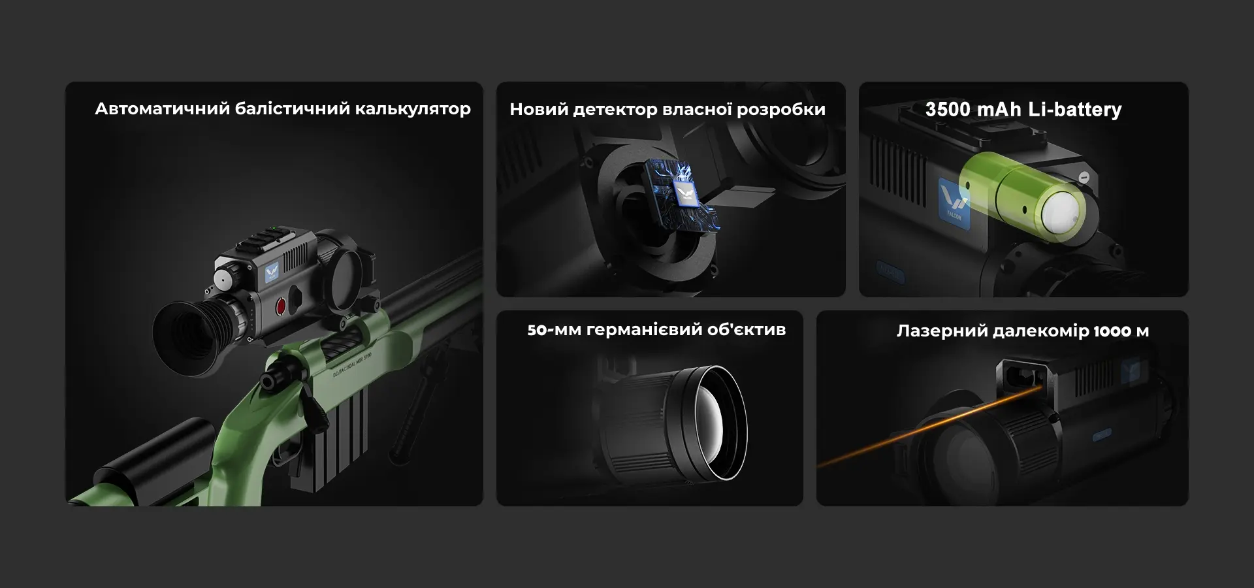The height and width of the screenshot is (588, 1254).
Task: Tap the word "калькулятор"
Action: click(x=413, y=108)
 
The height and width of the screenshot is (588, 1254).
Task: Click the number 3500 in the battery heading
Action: click(x=948, y=109)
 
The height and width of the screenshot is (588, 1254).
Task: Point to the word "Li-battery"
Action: click(x=1075, y=110)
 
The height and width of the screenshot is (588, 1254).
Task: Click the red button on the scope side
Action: click(x=281, y=305)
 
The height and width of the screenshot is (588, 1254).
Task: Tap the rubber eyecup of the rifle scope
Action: click(x=189, y=331)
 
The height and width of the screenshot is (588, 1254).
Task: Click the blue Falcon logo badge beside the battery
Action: click(x=954, y=203)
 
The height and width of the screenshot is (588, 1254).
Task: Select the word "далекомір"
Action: click(x=1040, y=331)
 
